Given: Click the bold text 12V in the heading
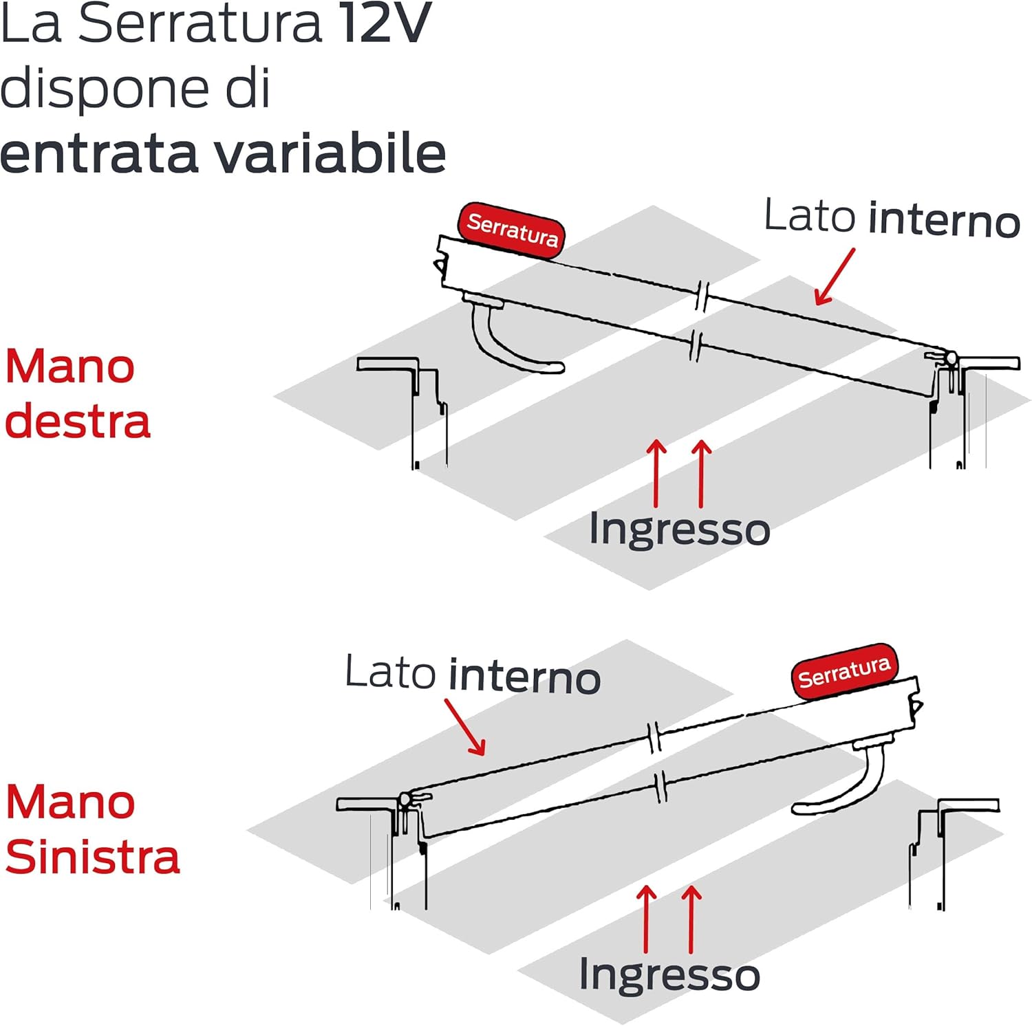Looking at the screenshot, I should (385, 25).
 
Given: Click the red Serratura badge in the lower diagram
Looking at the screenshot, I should (844, 671).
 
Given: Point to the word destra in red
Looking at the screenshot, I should (77, 422).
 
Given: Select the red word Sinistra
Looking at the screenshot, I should (92, 858).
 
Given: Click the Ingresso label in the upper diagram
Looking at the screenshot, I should (679, 530).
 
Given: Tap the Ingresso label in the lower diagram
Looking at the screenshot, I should (669, 974).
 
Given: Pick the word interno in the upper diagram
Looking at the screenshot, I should (944, 221).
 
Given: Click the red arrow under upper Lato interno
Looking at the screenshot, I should (834, 277).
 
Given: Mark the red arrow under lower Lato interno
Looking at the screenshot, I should (465, 728).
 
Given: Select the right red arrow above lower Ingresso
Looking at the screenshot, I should (691, 918).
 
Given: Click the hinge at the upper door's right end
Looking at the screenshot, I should (949, 359).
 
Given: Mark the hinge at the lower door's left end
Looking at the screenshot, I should (406, 800).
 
